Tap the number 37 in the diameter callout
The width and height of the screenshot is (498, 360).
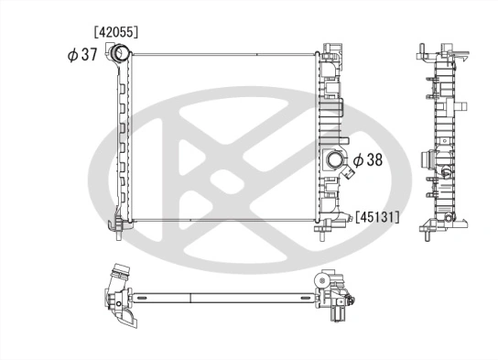click(88, 55)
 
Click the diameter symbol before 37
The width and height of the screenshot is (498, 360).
click(72, 55)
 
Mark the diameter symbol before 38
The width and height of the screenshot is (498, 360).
click(357, 160)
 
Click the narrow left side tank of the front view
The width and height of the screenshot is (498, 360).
click(121, 142)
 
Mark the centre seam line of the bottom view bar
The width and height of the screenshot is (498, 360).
click(189, 299)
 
